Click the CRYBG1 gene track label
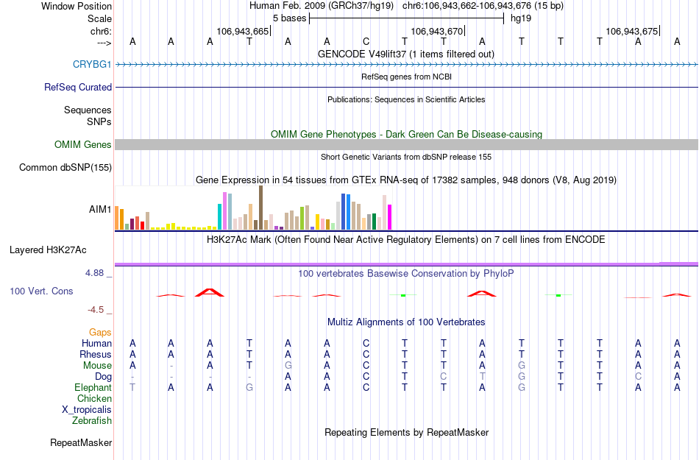(x=92, y=65)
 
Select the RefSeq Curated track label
(x=78, y=87)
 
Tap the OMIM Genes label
(x=83, y=145)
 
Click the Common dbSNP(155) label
(x=65, y=168)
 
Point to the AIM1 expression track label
(x=100, y=210)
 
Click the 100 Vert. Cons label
(x=41, y=291)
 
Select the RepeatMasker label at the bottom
(x=81, y=443)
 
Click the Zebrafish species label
(x=92, y=421)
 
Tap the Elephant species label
(x=93, y=388)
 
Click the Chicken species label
(x=94, y=399)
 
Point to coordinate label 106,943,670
(x=437, y=32)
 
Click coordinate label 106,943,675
(x=631, y=32)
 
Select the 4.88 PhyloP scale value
(x=98, y=273)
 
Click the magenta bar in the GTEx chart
(x=389, y=217)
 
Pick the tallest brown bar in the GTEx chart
(x=260, y=208)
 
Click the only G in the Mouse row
(x=288, y=366)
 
